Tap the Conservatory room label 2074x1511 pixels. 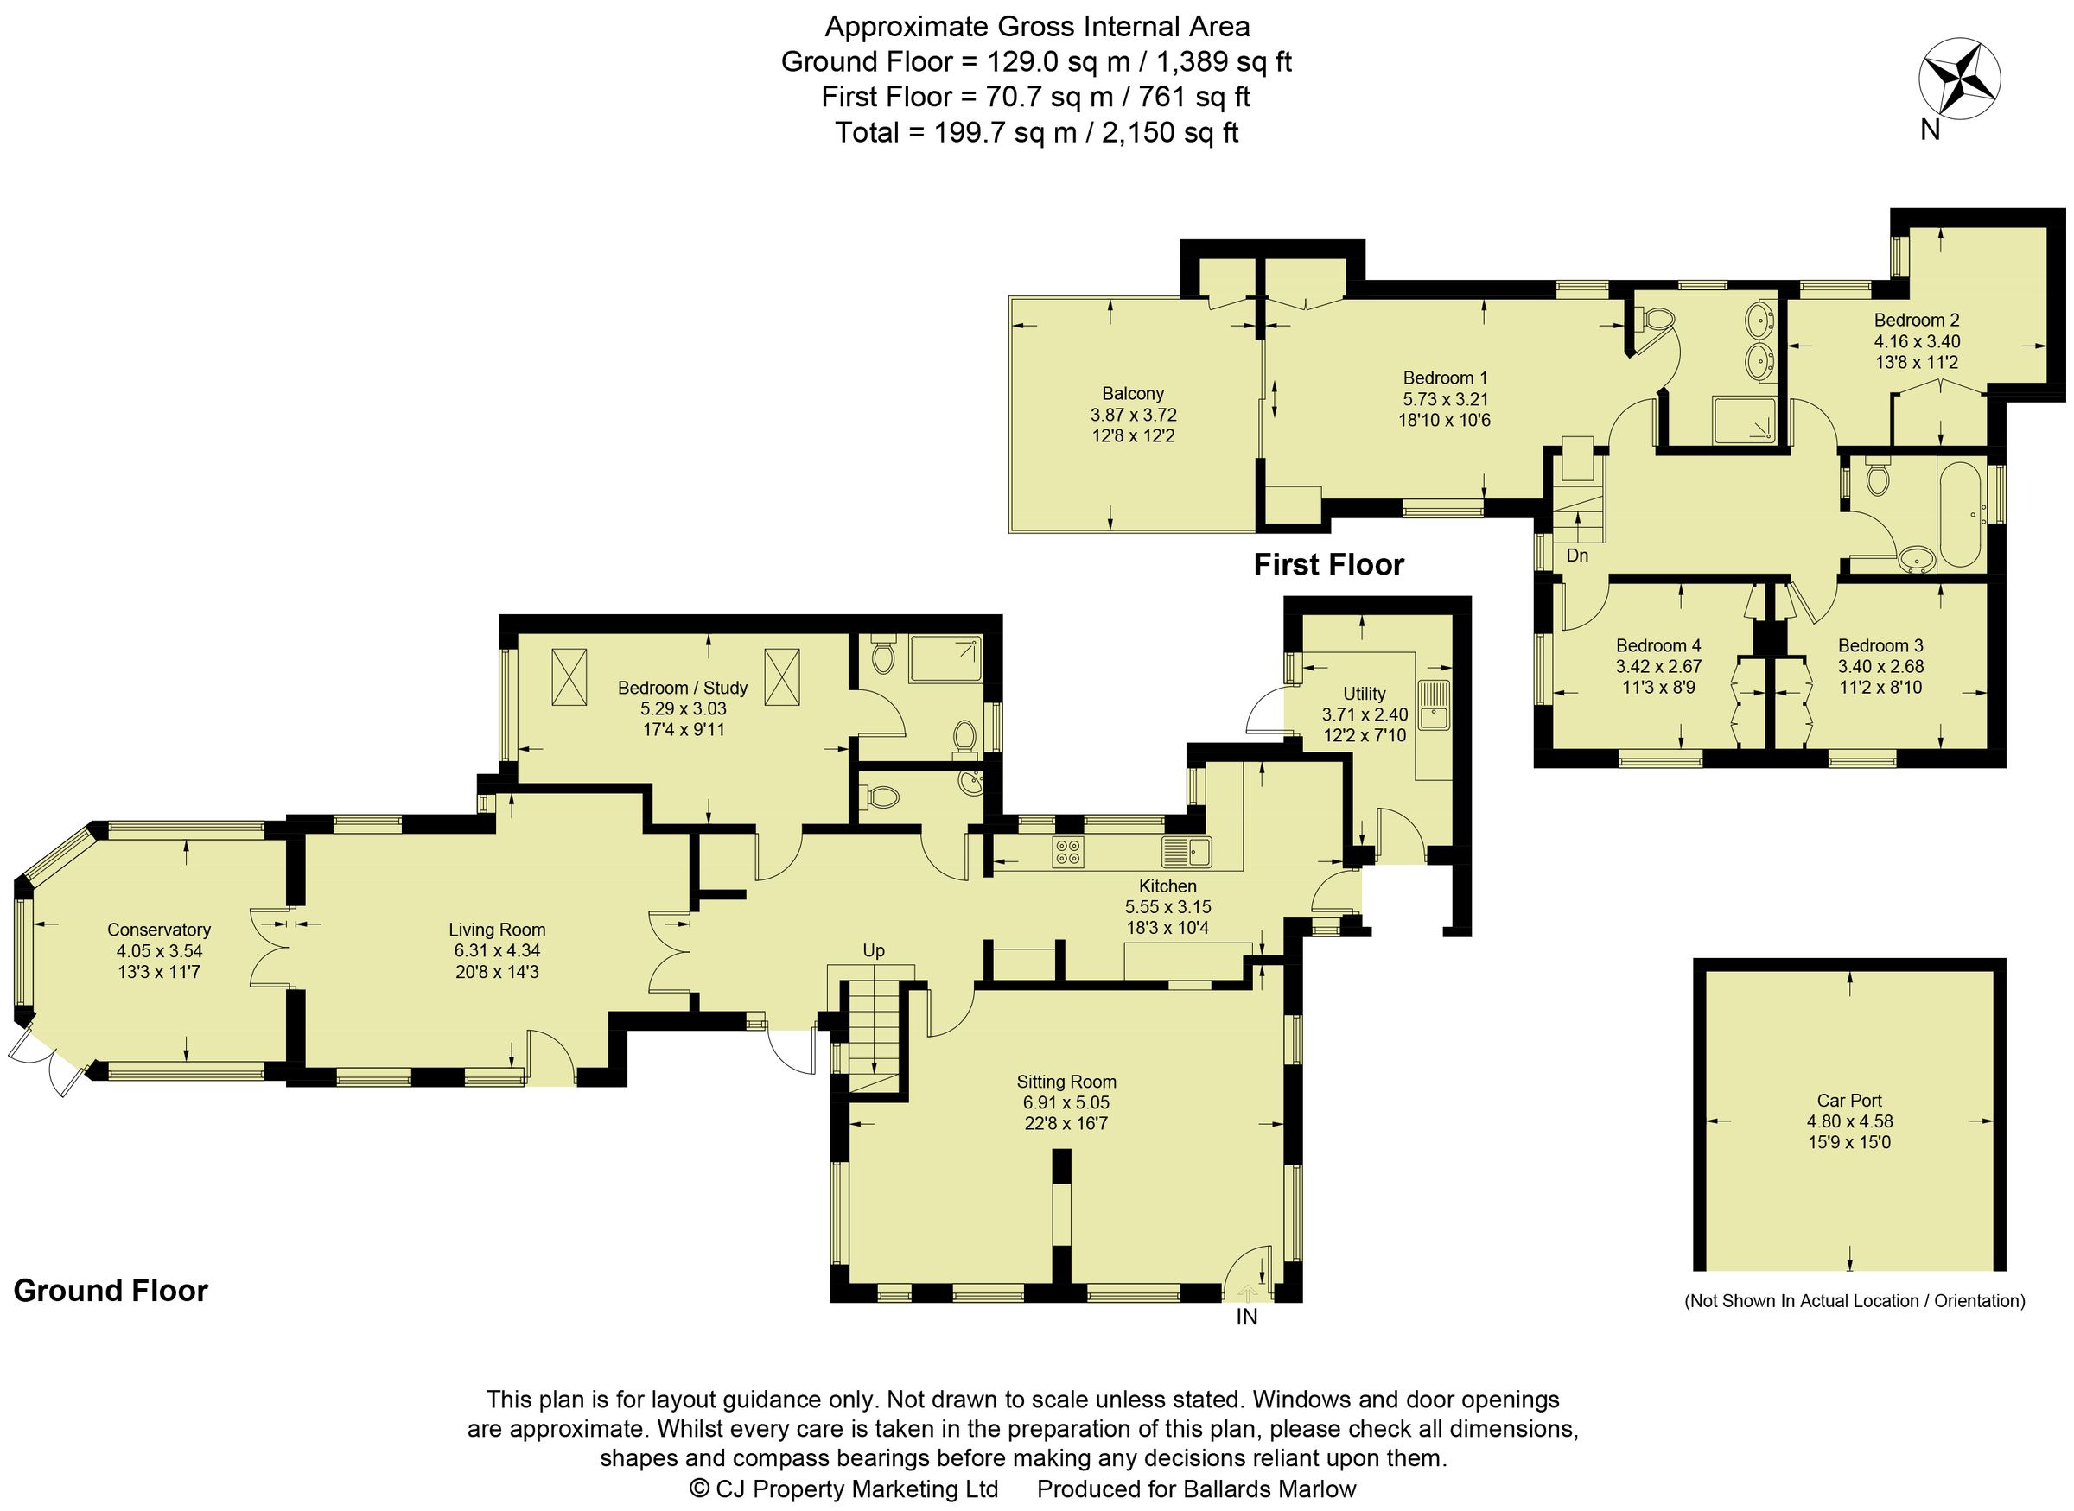[158, 930]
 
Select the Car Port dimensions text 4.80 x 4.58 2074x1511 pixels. [1849, 1121]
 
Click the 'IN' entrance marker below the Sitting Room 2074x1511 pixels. [1247, 1317]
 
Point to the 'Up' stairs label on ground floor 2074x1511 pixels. [874, 951]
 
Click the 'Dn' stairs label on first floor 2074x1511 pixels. [1577, 556]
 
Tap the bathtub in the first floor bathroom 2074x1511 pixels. [1958, 515]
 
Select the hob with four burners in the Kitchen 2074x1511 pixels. [1067, 852]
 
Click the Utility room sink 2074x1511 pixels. [1434, 705]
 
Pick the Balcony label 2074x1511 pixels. [1133, 393]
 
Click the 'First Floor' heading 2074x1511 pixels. [1328, 565]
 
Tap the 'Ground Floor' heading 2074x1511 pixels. [111, 1291]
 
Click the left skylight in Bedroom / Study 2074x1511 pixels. [569, 676]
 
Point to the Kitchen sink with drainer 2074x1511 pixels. [1187, 852]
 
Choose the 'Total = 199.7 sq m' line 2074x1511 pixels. [1036, 133]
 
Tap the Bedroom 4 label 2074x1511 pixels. [1657, 645]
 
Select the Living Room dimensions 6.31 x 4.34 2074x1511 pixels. [497, 951]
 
